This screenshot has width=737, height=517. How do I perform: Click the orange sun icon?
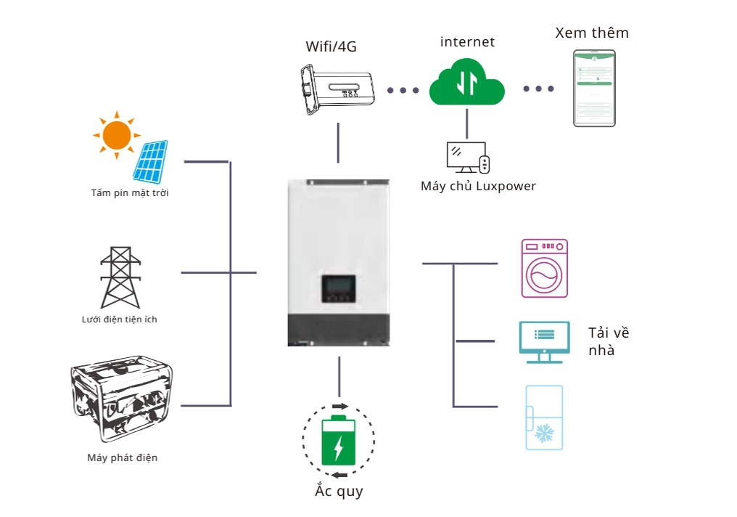(x=115, y=135)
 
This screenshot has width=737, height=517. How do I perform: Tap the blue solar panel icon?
(x=151, y=161)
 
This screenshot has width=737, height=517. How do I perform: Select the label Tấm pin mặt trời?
(x=130, y=193)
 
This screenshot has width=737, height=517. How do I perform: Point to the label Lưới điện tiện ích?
(x=120, y=319)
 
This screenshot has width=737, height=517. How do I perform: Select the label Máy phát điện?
(x=122, y=458)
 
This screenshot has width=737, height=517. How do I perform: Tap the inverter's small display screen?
(x=339, y=288)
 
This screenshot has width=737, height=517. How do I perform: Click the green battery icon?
(x=338, y=441)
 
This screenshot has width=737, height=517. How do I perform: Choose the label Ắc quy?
(x=339, y=492)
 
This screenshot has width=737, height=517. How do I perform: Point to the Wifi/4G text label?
(x=331, y=48)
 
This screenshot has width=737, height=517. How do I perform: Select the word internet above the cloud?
(x=467, y=42)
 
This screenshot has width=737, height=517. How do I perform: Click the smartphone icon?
(x=594, y=89)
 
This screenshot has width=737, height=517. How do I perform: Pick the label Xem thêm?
(x=592, y=33)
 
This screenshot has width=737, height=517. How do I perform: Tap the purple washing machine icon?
(x=544, y=268)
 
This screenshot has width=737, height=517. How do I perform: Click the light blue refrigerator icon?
(x=543, y=418)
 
